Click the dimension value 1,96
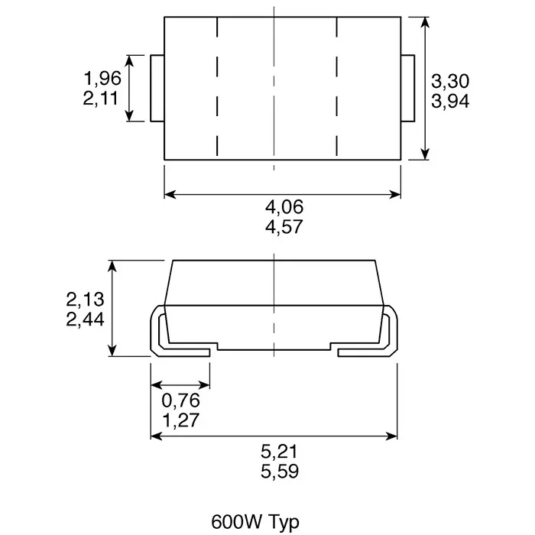click(x=102, y=78)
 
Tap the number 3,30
click(x=450, y=81)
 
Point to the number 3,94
click(x=450, y=101)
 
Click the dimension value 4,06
click(x=284, y=206)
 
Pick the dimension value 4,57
click(x=284, y=227)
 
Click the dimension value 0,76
click(x=180, y=400)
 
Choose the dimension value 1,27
click(x=180, y=420)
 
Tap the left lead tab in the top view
click(x=158, y=88)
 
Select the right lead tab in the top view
click(x=407, y=88)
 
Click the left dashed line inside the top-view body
click(x=219, y=88)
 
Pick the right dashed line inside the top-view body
click(x=337, y=88)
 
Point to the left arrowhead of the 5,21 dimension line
click(x=155, y=436)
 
